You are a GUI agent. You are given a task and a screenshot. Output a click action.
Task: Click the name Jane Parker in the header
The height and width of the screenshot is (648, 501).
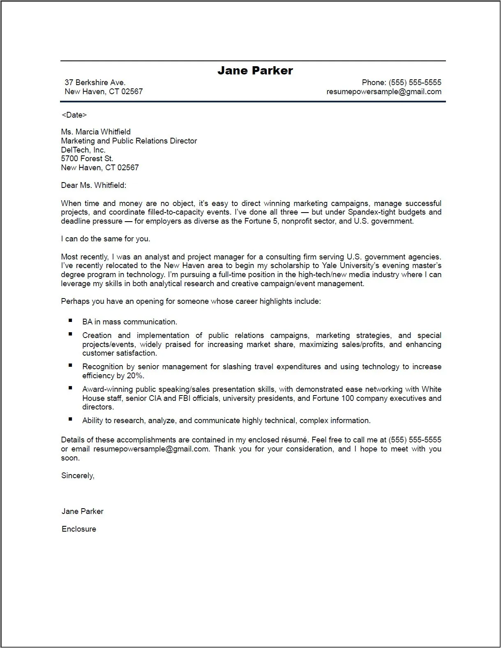[x=255, y=71]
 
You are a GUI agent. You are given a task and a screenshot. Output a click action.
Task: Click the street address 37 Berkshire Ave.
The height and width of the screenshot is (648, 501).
[x=95, y=83]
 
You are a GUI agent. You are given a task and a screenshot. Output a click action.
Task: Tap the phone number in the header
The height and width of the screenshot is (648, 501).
[x=415, y=83]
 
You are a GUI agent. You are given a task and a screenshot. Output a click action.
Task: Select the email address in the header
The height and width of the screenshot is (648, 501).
[x=383, y=92]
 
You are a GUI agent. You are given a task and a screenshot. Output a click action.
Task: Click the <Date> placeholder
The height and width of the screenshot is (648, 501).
[x=74, y=115]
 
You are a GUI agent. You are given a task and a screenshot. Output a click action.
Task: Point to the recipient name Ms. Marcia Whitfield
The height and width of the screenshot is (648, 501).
[x=96, y=132]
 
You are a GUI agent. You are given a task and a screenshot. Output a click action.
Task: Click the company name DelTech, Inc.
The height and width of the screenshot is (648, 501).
[x=83, y=150]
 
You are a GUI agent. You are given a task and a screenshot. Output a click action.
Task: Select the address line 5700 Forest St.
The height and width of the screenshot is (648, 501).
[x=87, y=159]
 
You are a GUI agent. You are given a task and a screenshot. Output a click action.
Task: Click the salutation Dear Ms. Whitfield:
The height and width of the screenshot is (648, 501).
[x=94, y=185]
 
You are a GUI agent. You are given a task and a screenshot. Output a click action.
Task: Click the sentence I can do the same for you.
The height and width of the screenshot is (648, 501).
[x=106, y=239]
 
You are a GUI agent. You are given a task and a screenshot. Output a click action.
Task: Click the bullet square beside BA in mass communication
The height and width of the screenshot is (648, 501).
[x=71, y=320]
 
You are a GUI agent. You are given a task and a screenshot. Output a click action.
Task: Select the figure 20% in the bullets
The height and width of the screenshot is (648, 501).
[x=136, y=376]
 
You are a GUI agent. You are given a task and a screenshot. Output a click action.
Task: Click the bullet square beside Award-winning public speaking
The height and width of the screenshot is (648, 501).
[x=71, y=388]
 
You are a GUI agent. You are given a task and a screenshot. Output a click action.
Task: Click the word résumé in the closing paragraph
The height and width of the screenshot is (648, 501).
[x=294, y=440]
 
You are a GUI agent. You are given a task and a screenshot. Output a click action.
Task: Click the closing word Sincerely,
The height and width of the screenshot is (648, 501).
[x=78, y=476]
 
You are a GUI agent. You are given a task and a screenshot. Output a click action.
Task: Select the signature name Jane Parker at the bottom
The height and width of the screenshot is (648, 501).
[x=83, y=511]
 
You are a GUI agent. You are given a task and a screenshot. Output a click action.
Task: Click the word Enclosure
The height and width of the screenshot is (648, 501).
[x=79, y=530]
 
